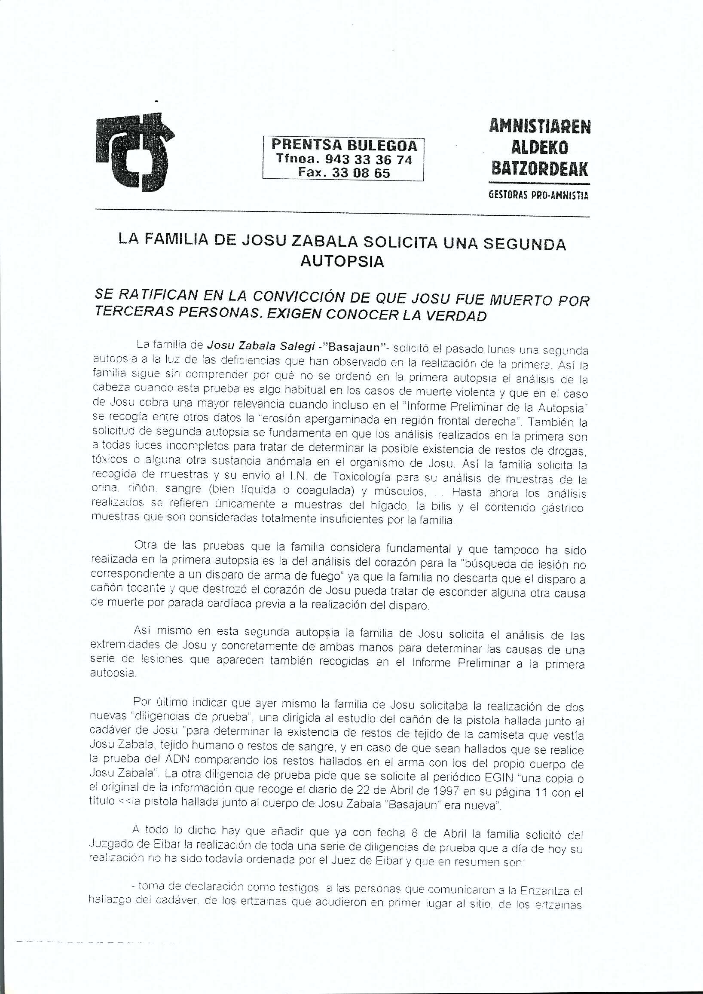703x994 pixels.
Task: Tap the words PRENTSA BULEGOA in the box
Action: coord(344,145)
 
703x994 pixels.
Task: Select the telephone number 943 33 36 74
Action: coord(368,159)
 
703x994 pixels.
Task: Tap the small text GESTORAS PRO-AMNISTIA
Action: coord(538,195)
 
